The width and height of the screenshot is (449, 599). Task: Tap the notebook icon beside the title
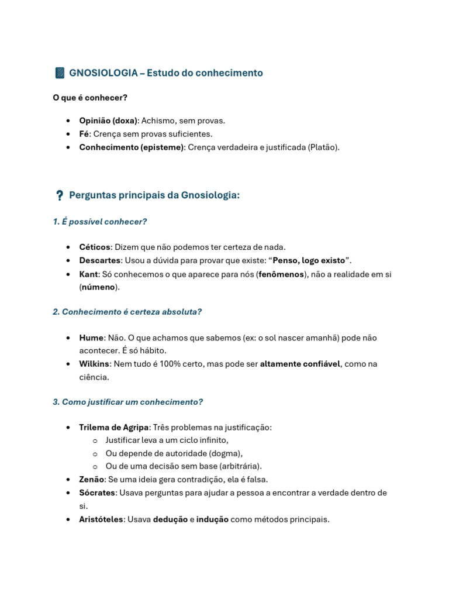[x=60, y=73]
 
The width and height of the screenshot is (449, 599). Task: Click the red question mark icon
[x=60, y=195]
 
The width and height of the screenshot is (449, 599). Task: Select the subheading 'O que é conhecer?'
[x=90, y=98]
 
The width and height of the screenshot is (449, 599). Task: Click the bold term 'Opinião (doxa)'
[x=108, y=121]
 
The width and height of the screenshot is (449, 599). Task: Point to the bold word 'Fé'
[x=85, y=134]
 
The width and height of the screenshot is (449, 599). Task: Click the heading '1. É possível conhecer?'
[x=99, y=222]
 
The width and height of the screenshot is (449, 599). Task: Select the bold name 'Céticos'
[x=95, y=247]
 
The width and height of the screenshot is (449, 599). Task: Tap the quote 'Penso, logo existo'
[x=309, y=260]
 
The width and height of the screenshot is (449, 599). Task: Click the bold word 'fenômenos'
[x=281, y=274]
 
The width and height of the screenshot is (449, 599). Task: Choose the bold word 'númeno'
[x=99, y=287]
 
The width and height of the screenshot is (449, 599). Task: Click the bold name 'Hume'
[x=91, y=338]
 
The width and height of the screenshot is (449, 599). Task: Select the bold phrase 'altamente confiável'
[x=300, y=364]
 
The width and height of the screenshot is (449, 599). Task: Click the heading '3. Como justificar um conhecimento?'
[x=127, y=402]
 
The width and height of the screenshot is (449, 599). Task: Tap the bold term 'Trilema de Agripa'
[x=114, y=428]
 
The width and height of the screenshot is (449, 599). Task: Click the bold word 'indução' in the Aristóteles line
[x=212, y=519]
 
